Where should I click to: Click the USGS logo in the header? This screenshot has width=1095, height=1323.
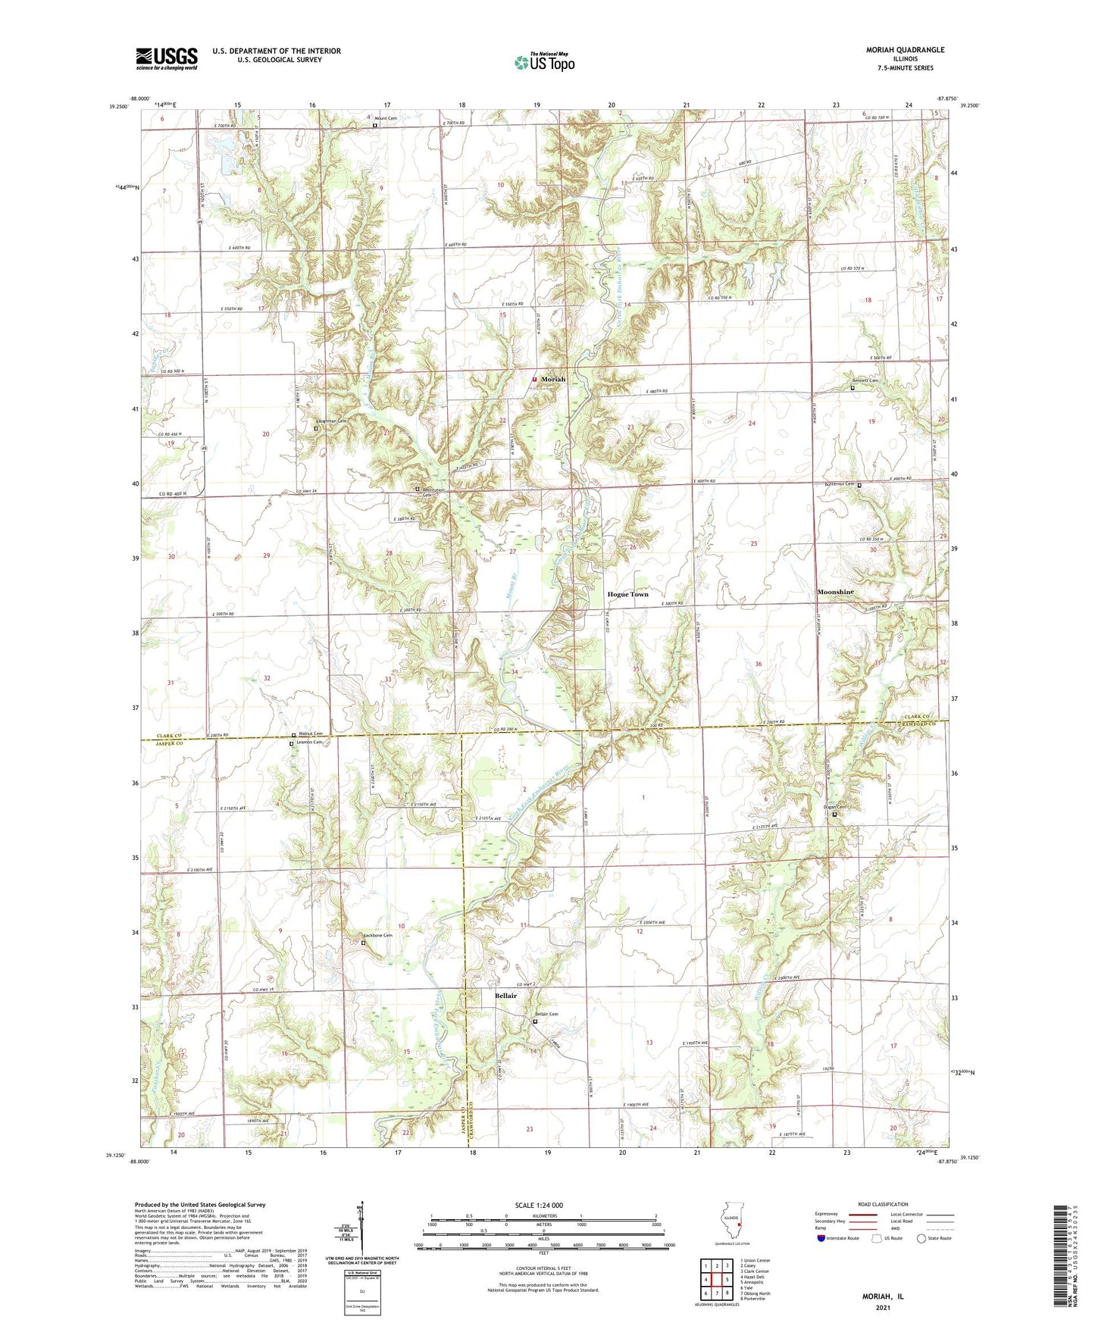pyautogui.click(x=166, y=58)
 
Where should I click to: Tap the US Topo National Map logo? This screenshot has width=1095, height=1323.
pyautogui.click(x=544, y=61)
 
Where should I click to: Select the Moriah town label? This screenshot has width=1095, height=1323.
pyautogui.click(x=552, y=380)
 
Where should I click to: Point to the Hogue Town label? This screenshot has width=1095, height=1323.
pyautogui.click(x=627, y=595)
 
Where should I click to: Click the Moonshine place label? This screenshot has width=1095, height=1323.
pyautogui.click(x=835, y=592)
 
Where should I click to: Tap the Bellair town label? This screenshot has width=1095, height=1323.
pyautogui.click(x=505, y=996)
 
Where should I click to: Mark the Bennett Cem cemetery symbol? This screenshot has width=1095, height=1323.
pyautogui.click(x=852, y=388)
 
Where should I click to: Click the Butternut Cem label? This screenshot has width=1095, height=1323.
pyautogui.click(x=839, y=484)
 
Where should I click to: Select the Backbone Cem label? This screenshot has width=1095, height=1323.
pyautogui.click(x=377, y=936)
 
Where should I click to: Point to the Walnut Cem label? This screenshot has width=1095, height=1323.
pyautogui.click(x=311, y=733)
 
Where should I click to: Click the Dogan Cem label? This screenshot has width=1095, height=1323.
pyautogui.click(x=834, y=807)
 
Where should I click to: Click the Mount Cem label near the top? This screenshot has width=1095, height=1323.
pyautogui.click(x=386, y=117)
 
